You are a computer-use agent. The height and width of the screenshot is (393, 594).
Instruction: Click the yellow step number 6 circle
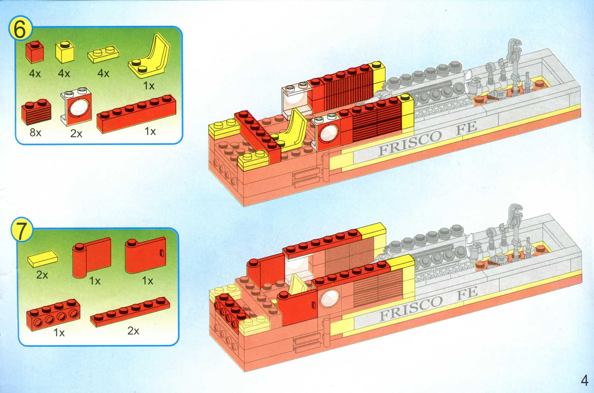coord(20,29)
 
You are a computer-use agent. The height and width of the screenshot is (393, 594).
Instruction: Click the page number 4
coord(584,380)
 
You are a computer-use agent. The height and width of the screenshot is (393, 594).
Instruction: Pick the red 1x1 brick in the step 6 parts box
coord(35,52)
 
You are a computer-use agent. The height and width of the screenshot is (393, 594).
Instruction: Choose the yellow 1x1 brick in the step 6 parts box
coord(65,52)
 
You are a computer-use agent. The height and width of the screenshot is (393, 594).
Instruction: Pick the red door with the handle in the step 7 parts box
coord(145,255)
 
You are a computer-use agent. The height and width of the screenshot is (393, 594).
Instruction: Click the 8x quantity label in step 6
coord(35,133)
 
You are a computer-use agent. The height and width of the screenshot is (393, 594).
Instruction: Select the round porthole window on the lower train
coord(329,299)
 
